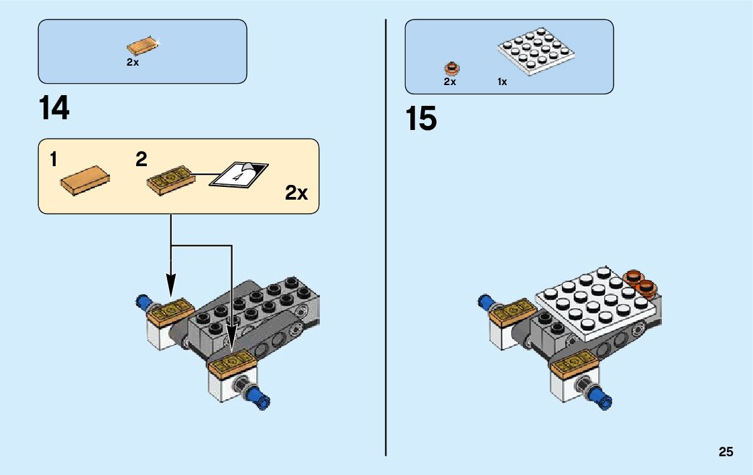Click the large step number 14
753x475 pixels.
click(54, 109)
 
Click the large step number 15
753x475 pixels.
click(420, 119)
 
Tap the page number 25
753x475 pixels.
click(726, 452)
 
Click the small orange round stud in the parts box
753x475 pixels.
click(451, 68)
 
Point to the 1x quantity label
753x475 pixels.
click(502, 82)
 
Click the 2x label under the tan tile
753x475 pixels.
click(132, 62)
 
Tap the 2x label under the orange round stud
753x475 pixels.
click(449, 82)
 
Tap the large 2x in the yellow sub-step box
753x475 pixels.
click(296, 193)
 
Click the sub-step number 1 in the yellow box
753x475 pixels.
click(54, 159)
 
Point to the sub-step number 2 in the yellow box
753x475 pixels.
click(141, 159)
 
